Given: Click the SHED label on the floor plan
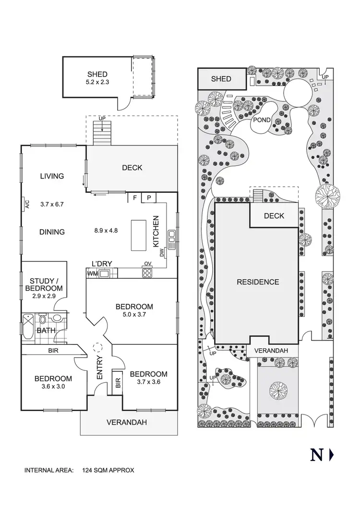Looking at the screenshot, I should click(x=97, y=74).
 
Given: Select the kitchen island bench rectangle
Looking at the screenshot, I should click(x=140, y=235).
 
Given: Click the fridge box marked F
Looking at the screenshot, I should click(x=136, y=197).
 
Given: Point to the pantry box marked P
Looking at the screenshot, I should click(x=149, y=197).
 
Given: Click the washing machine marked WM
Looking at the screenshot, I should click(x=92, y=273).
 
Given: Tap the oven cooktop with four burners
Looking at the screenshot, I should click(x=147, y=272).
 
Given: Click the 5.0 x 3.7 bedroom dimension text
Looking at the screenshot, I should click(x=134, y=315).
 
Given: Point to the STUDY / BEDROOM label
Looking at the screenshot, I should click(x=46, y=284).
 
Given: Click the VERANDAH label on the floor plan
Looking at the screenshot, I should click(x=126, y=423).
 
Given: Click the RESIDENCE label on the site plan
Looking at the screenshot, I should click(x=258, y=282).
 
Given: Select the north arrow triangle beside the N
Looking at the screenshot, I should click(x=332, y=455).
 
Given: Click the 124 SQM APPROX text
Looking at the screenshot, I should click(x=108, y=471).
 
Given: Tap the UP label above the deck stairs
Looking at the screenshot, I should click(x=101, y=118).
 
